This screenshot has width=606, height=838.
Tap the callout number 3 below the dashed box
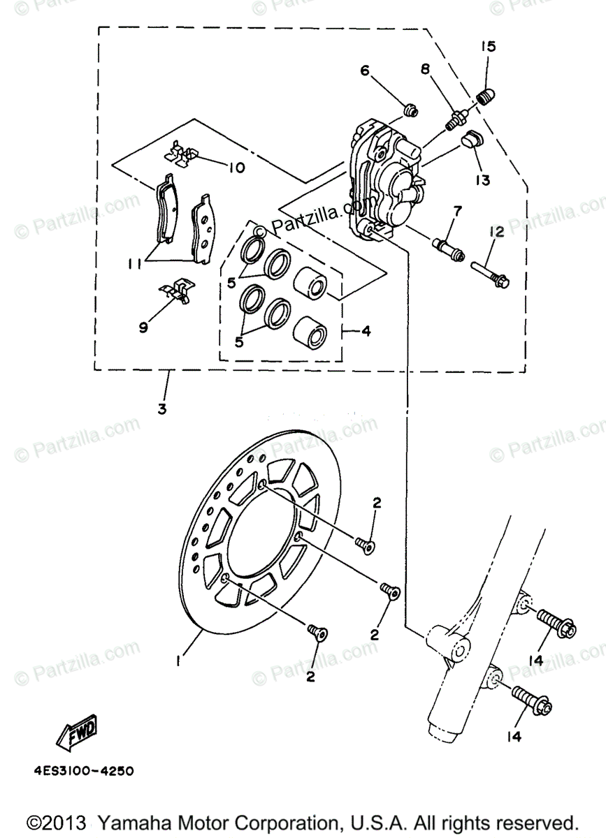coord(162,409)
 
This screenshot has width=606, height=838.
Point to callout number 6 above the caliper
coord(365,71)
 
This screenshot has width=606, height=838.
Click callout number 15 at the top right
coord(488,47)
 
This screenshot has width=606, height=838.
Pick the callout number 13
coord(482,180)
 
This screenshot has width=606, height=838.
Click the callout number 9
coord(143,326)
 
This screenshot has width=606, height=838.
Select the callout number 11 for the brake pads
coord(136,263)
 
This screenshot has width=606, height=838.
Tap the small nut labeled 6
coord(412,110)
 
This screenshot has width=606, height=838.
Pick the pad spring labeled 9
coord(175,291)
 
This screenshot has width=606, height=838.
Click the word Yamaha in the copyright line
coord(131,821)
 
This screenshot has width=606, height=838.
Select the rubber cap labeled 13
coord(473,141)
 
